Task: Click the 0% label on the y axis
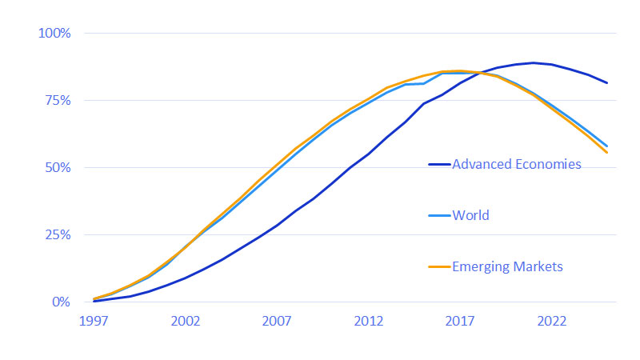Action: (61, 302)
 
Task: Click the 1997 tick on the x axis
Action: (94, 321)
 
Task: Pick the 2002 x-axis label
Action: (186, 321)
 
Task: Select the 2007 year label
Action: (277, 321)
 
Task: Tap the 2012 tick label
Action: (369, 321)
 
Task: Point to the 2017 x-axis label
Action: (460, 321)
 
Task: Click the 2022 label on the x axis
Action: (552, 321)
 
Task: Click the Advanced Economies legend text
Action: (516, 165)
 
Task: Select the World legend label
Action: (470, 215)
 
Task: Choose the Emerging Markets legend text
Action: (507, 266)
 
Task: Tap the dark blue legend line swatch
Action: (438, 165)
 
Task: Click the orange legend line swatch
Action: (438, 266)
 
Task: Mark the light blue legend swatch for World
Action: (438, 215)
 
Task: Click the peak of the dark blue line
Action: (534, 62)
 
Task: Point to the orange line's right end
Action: (607, 152)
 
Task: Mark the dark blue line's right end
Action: (607, 83)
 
